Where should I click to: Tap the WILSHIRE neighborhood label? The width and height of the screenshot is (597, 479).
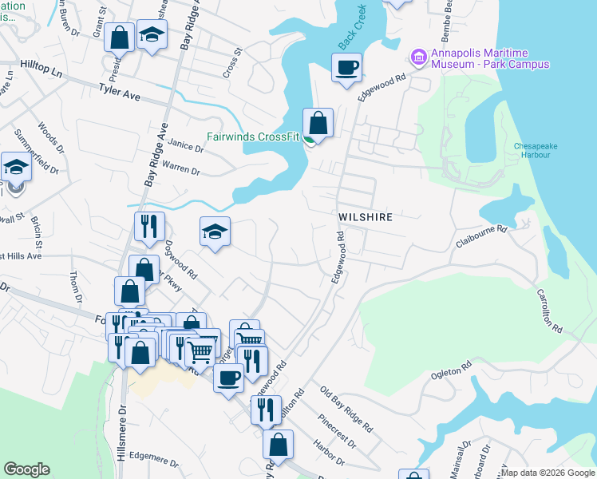[368, 216]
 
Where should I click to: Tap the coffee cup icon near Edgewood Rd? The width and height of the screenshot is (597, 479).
[346, 68]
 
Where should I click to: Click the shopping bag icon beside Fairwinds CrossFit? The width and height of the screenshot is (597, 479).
[318, 124]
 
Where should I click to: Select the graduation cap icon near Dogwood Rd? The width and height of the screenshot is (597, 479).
[214, 232]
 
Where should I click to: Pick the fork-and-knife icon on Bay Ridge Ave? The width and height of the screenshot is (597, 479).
[149, 228]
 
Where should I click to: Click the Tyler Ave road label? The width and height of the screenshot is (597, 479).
[120, 93]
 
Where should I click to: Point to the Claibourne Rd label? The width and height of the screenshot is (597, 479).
[481, 229]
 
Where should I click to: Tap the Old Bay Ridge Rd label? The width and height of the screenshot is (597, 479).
[346, 409]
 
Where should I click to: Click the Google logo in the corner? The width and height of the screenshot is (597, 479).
[26, 469]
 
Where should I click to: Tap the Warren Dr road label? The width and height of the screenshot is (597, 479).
[180, 169]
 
